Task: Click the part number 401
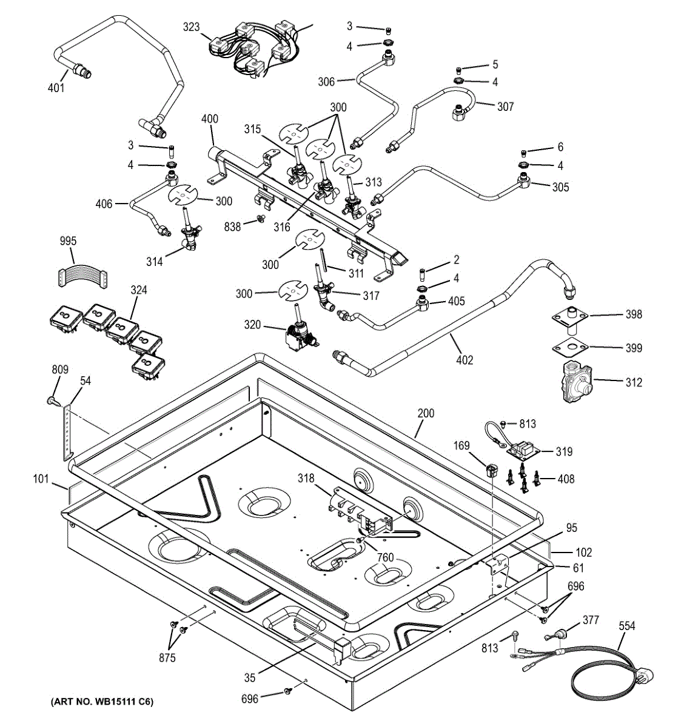[56, 88]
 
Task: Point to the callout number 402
[464, 360]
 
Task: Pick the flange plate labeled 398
[569, 316]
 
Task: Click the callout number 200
[426, 414]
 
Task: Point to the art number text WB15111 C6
[102, 703]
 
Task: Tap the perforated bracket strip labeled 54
[67, 432]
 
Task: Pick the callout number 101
[41, 480]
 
